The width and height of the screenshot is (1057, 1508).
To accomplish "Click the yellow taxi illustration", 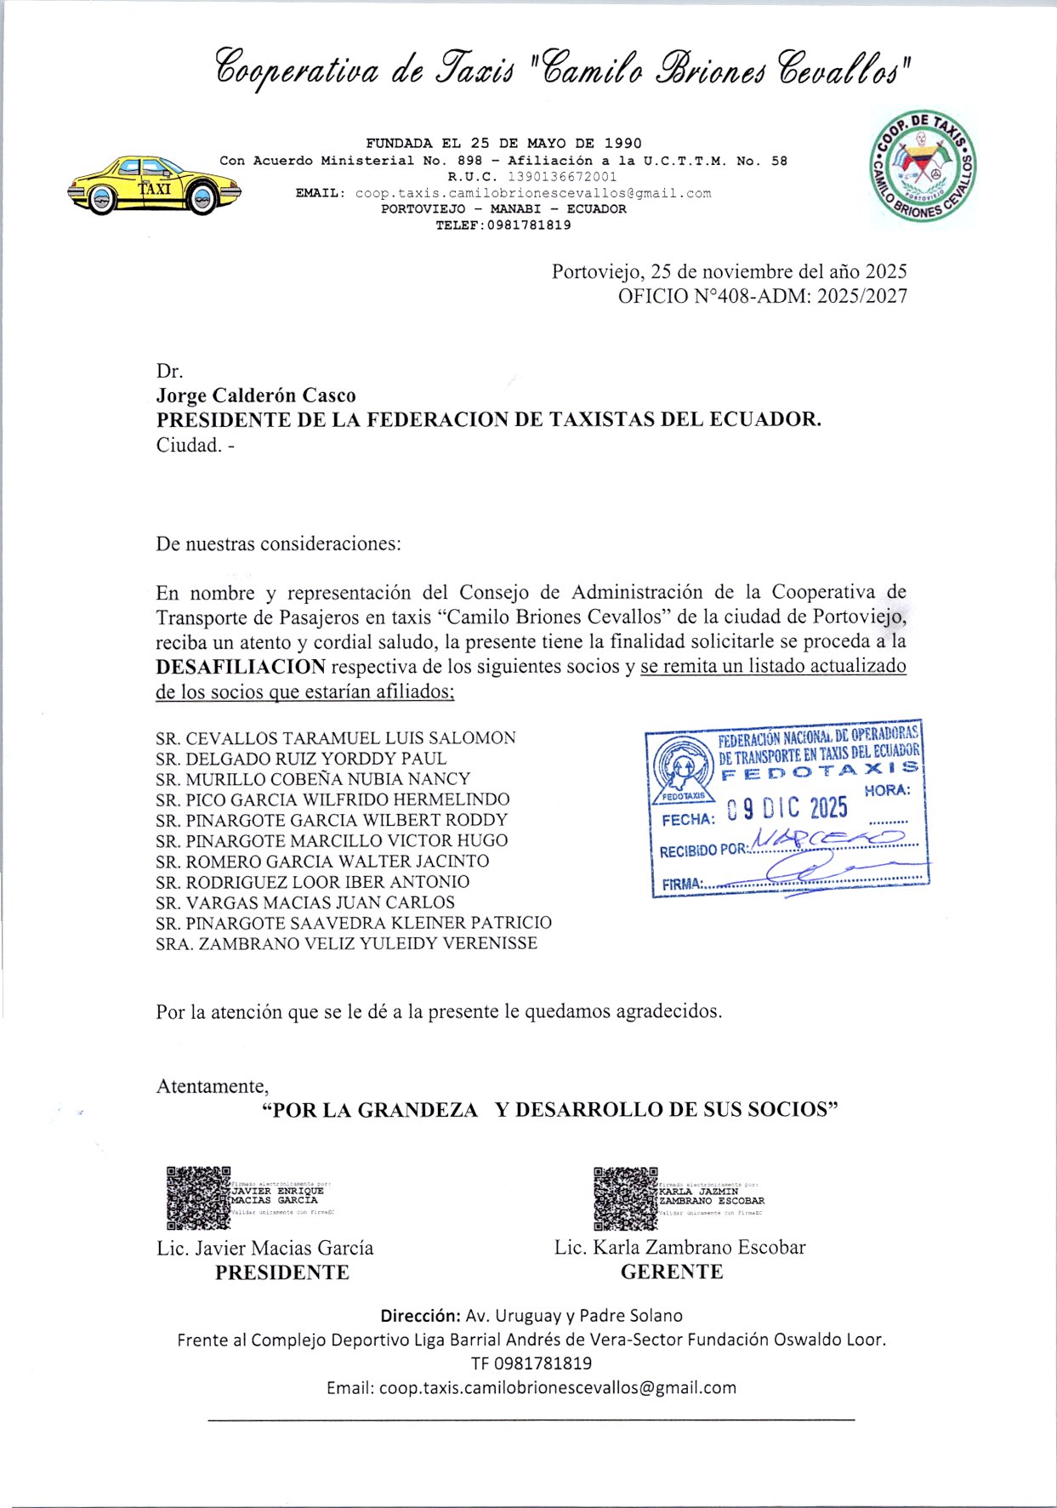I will (153, 185).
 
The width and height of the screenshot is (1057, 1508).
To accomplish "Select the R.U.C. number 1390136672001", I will (562, 177).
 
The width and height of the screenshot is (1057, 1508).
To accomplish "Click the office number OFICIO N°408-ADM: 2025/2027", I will (762, 296).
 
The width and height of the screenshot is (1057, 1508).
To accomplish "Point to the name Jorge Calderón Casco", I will (256, 395).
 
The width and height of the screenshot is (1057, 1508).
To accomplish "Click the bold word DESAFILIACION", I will (241, 666).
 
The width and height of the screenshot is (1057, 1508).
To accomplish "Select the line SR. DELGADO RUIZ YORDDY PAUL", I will (301, 758).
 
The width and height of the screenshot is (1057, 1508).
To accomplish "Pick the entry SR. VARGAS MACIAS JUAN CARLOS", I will (305, 902).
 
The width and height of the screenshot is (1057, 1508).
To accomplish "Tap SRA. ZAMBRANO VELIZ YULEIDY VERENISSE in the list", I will (346, 943).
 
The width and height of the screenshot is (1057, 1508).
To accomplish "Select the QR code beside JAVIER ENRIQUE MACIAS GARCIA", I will (198, 1198).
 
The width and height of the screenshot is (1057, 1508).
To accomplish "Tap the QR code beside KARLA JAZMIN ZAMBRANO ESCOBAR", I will (625, 1198).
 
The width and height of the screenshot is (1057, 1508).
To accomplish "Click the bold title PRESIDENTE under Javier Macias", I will (282, 1272).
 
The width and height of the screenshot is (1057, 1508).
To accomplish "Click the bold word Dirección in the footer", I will (420, 1315).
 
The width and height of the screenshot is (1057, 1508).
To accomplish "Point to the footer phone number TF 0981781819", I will (531, 1363).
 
